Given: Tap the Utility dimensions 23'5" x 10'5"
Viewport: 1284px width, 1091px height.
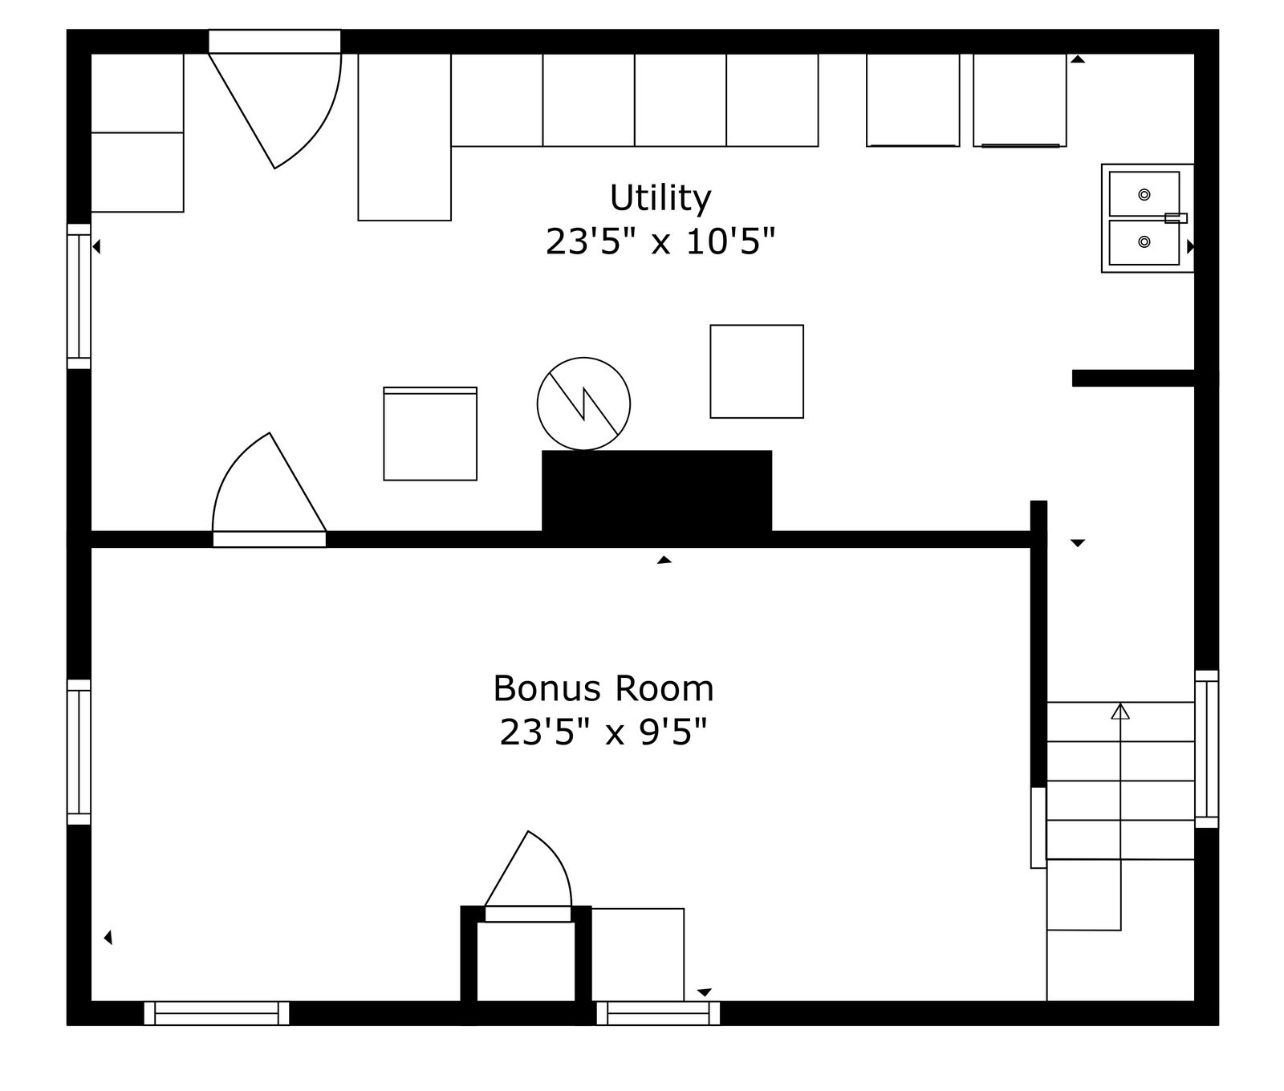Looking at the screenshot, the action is pyautogui.click(x=660, y=241).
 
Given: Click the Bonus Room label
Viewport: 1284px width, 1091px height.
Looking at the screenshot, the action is pyautogui.click(x=603, y=688).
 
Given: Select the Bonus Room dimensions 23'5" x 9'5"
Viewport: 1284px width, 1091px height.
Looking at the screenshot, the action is pyautogui.click(x=603, y=732).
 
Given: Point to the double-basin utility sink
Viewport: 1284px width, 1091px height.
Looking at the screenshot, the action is pyautogui.click(x=1148, y=218).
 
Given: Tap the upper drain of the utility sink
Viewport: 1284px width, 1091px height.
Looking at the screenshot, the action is pyautogui.click(x=1144, y=194).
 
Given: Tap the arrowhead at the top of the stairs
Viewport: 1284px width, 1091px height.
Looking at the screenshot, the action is pyautogui.click(x=1120, y=711).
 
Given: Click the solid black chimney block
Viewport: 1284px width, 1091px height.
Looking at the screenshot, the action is pyautogui.click(x=656, y=491).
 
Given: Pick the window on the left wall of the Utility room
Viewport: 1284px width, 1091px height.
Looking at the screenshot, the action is pyautogui.click(x=79, y=296).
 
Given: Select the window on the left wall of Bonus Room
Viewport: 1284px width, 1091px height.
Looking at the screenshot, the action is pyautogui.click(x=79, y=752).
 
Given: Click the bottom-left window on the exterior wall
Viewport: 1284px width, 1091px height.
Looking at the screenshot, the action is pyautogui.click(x=217, y=1013).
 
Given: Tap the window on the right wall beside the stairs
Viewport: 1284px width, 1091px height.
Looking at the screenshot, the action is pyautogui.click(x=1207, y=749).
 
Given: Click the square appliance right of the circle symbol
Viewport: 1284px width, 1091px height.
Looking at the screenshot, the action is pyautogui.click(x=757, y=371).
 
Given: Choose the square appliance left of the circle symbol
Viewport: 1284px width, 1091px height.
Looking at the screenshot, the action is pyautogui.click(x=430, y=434).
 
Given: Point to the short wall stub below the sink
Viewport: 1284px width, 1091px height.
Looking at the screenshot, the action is pyautogui.click(x=1133, y=378).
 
